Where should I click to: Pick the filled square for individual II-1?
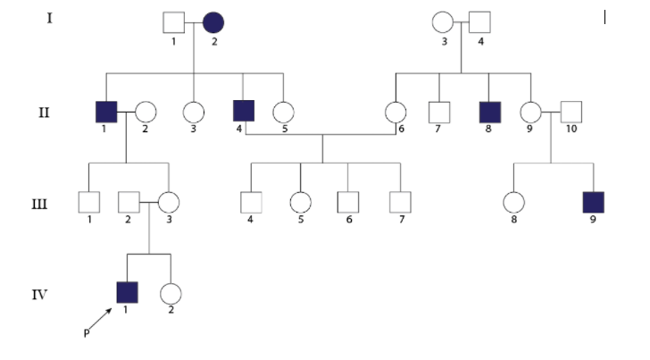(x=106, y=113)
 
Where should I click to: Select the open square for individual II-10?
(x=571, y=113)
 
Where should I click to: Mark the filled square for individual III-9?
(x=592, y=203)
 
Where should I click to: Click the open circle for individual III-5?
(x=301, y=203)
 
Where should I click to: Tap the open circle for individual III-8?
(x=512, y=203)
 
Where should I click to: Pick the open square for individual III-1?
(x=87, y=203)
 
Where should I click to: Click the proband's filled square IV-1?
(x=129, y=292)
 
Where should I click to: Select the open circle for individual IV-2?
(x=171, y=292)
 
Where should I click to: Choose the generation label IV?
(x=40, y=292)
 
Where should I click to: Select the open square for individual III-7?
(x=400, y=203)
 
